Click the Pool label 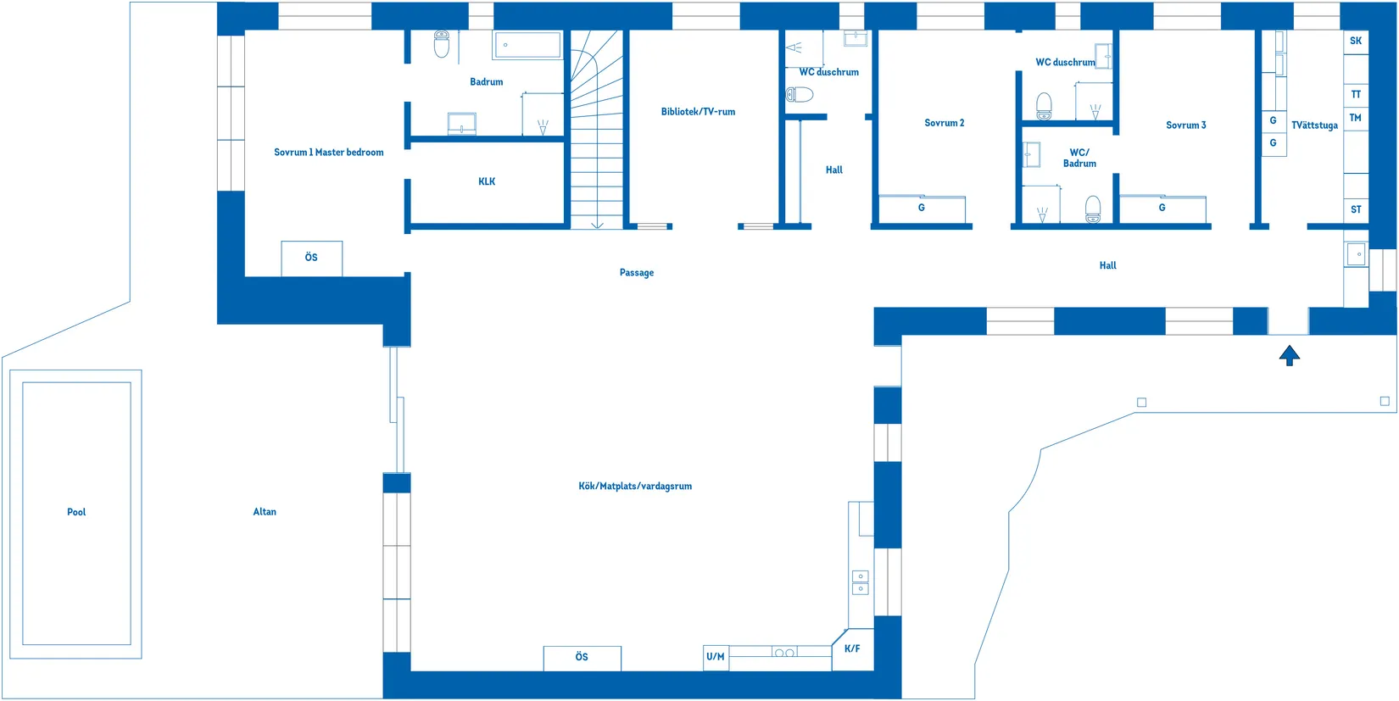76,512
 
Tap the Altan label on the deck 265,512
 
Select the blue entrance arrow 1289,355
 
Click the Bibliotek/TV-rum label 698,112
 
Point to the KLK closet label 487,181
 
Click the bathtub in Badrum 527,45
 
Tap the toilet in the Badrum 442,44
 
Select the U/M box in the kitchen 716,658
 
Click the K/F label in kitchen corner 852,649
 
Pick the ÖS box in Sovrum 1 312,259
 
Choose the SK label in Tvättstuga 1355,42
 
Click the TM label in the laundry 1355,118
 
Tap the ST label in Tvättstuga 1356,209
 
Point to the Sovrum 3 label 1186,125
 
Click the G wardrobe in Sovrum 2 922,209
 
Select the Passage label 637,273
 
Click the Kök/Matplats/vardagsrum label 635,487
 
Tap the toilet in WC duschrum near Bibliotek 800,95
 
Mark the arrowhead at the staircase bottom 597,225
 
